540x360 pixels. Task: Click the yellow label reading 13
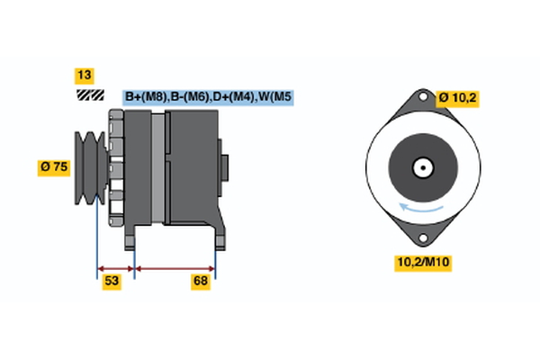pos(85,76)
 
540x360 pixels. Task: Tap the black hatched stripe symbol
pos(88,94)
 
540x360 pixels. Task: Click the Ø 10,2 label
pos(458,98)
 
